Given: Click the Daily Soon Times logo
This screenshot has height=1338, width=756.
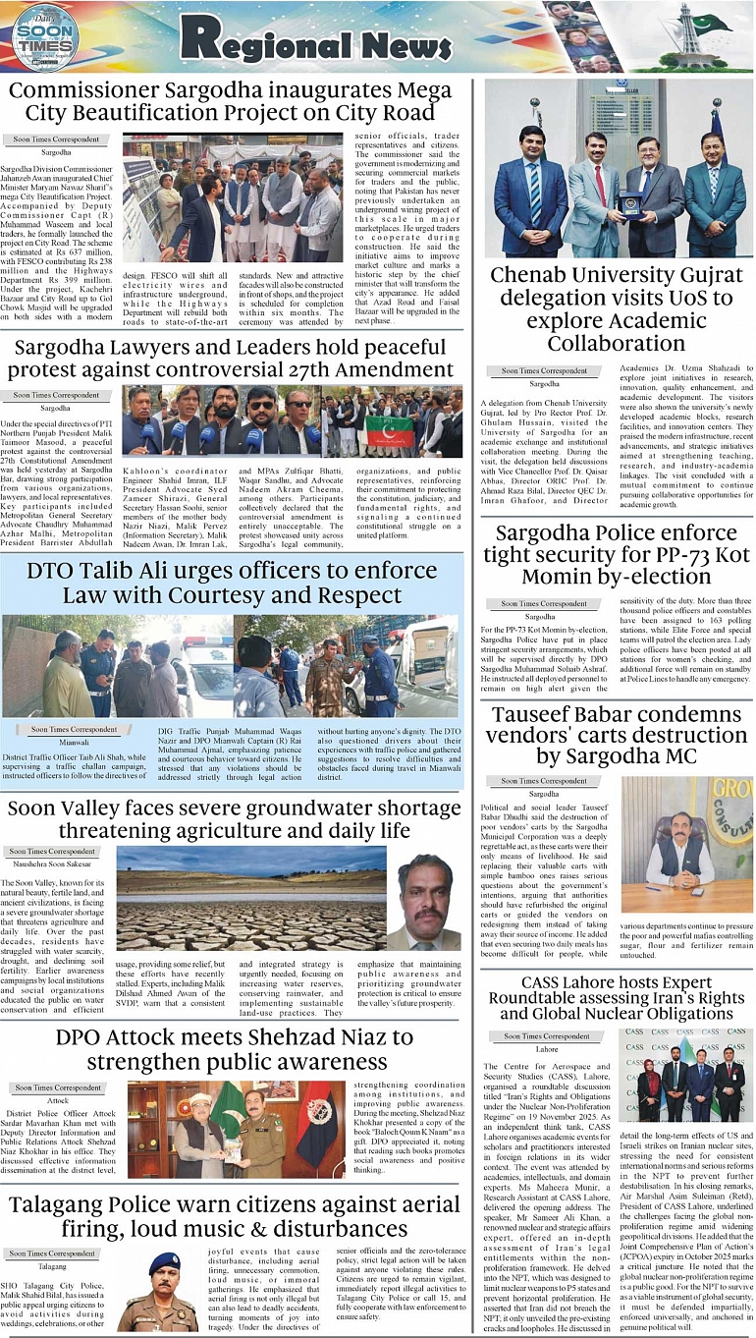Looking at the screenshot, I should [43, 37].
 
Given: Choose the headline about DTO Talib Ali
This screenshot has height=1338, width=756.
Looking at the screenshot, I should [231, 583].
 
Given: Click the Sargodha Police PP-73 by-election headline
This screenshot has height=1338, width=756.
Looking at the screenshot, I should [618, 555].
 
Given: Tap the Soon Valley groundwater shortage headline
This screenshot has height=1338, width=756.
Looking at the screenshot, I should [232, 819].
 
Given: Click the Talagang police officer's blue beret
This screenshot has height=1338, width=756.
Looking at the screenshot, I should [164, 1259].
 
